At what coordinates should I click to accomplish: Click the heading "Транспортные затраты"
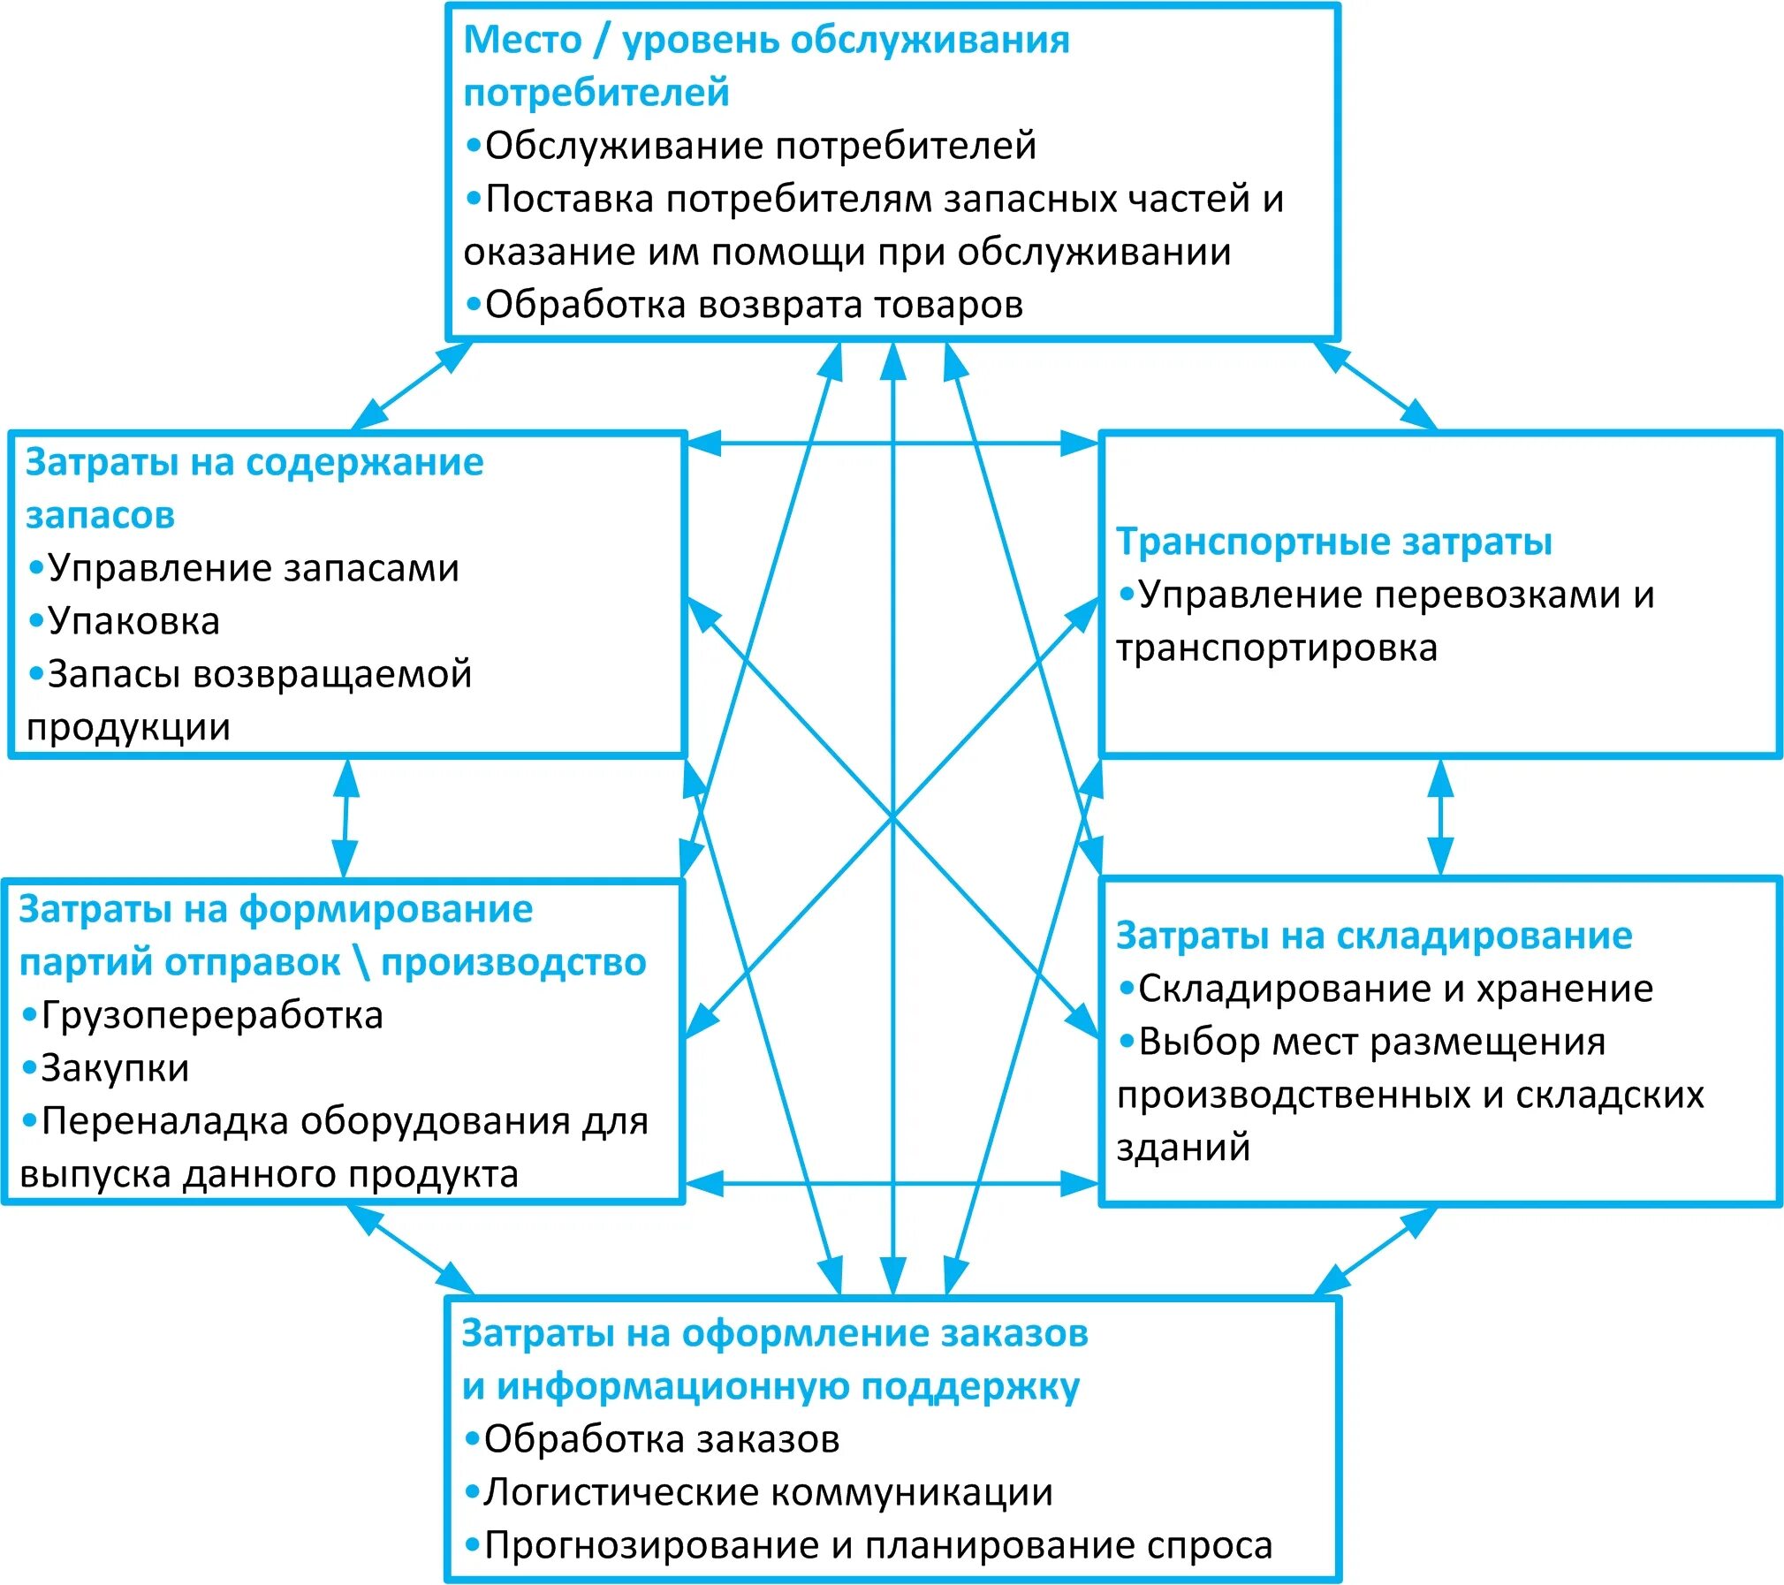pos(1333,542)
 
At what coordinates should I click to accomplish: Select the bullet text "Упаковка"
pos(133,621)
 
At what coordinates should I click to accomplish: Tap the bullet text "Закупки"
pos(115,1068)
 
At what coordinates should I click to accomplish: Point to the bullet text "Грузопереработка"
pos(212,1015)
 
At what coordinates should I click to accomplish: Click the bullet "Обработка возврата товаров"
pos(754,305)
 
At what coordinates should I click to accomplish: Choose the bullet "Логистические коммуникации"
pos(768,1492)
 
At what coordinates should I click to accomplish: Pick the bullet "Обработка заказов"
pos(661,1439)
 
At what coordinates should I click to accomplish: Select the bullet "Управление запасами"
pos(253,568)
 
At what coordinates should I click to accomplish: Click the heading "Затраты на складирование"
pos(1374,936)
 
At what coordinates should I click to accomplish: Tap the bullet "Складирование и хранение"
pos(1395,989)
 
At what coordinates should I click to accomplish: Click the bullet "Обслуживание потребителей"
pos(760,146)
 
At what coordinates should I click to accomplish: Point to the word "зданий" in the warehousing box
pos(1183,1148)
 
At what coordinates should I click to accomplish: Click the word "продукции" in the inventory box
pos(128,727)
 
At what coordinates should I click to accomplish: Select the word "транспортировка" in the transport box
pos(1277,648)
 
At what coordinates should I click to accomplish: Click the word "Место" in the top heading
pos(522,40)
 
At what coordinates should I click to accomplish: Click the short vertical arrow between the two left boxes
pos(345,817)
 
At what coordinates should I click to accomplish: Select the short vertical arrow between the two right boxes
pos(1441,817)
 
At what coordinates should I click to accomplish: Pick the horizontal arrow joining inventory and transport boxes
pos(892,443)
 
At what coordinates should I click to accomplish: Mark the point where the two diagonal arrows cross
pos(892,817)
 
